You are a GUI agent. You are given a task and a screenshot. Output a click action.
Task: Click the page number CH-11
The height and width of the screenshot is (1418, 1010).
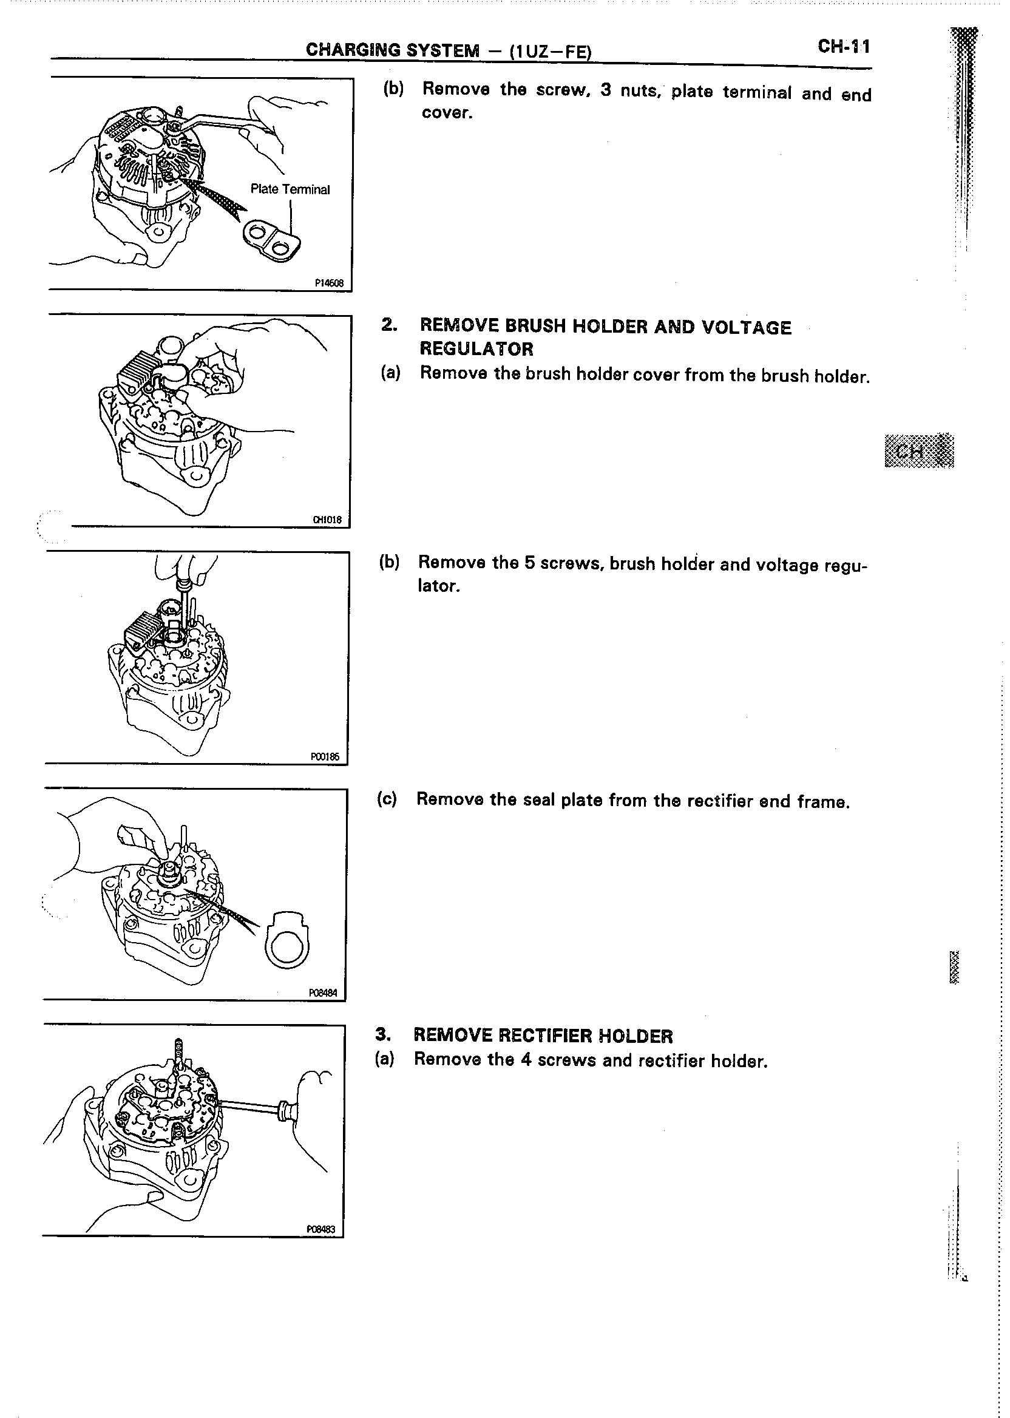(844, 47)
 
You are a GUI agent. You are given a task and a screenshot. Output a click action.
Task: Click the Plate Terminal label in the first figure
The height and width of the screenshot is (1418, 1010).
(290, 189)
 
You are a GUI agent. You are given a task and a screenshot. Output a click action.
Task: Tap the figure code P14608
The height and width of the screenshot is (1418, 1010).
(329, 283)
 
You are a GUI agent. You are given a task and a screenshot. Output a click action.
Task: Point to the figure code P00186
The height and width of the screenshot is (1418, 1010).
(325, 756)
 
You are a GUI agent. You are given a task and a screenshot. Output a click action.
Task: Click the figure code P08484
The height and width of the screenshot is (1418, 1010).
(323, 993)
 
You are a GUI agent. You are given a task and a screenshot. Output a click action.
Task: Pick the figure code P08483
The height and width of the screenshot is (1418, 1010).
(321, 1230)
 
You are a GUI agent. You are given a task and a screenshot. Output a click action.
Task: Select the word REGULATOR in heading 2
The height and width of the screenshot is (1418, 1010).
(476, 349)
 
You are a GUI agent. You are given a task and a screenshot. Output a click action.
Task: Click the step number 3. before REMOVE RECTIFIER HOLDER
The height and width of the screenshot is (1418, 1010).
(384, 1035)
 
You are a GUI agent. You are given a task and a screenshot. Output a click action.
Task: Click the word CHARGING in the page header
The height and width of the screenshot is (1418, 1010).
(352, 50)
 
